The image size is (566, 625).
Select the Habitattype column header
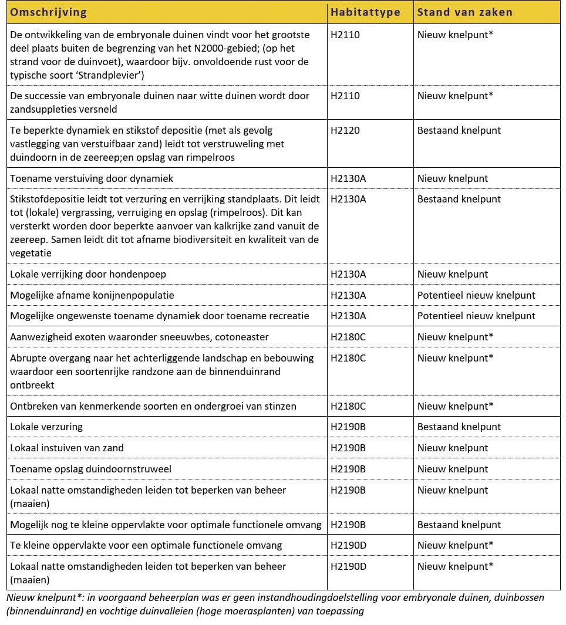[x=365, y=12]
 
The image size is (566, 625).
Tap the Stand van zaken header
[x=464, y=12]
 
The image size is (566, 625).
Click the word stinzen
[x=279, y=406]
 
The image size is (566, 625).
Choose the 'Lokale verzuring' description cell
[x=46, y=427]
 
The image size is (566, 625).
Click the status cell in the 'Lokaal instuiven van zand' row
[x=453, y=448]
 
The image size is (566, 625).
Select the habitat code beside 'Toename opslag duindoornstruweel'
[x=348, y=469]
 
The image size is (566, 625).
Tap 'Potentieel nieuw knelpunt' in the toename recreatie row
[x=476, y=316]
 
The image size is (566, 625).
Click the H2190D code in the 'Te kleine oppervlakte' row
[x=349, y=545]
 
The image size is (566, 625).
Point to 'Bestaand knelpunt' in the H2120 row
[x=459, y=130]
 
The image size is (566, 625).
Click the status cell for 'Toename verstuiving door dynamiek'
[x=453, y=178]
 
